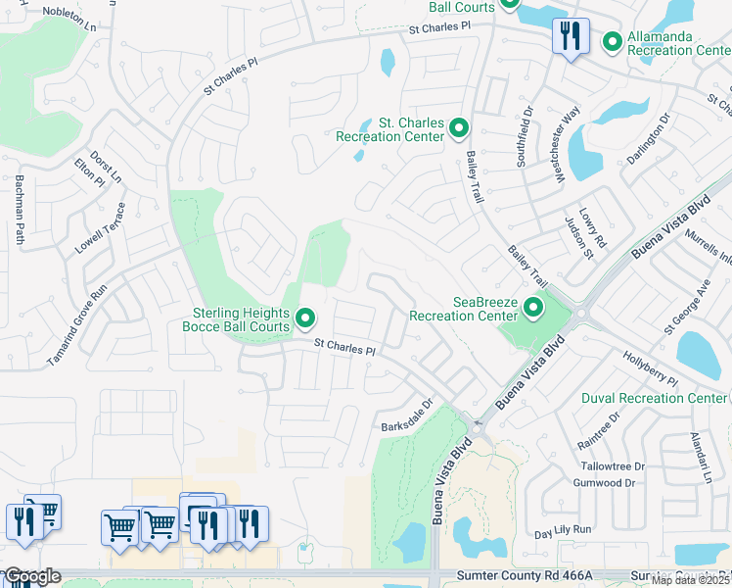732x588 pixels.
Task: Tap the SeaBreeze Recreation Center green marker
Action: (x=533, y=309)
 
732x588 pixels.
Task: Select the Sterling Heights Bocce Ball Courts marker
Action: (x=305, y=318)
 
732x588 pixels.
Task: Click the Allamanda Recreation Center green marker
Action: (x=613, y=42)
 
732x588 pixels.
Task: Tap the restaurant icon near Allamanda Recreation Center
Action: (x=569, y=38)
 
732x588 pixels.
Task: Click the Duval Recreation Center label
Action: (x=654, y=398)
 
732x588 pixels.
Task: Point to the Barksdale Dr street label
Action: (x=407, y=416)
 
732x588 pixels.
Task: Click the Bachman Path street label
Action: (x=19, y=209)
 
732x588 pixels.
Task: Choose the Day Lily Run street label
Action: (x=564, y=529)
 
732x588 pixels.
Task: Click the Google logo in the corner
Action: (x=31, y=576)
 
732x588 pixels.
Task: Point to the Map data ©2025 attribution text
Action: (x=690, y=580)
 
